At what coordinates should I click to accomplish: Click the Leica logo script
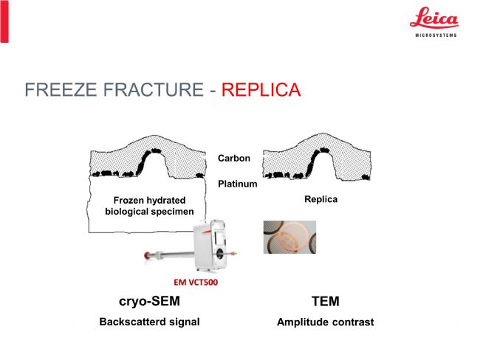pos(434,18)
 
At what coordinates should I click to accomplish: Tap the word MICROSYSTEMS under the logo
pos(436,35)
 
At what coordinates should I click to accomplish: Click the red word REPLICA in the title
pos(261,89)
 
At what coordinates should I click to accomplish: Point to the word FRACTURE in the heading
pos(154,89)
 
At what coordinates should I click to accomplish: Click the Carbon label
pos(234,158)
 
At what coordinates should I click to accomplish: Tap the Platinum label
pos(238,184)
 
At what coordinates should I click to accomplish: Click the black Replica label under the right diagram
pos(320,199)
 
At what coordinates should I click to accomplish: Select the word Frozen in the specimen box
pos(128,201)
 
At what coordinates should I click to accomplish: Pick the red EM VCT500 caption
pos(196,282)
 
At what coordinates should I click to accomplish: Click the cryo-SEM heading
pos(149,301)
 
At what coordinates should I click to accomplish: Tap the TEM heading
pos(326,301)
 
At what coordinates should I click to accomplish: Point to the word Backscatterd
pos(128,322)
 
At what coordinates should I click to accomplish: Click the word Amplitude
pos(303,322)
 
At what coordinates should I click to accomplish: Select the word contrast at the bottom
pos(353,322)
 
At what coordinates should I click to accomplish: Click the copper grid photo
pos(289,237)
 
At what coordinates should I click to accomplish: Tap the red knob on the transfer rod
pos(148,255)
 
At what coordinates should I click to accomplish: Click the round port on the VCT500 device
pos(219,253)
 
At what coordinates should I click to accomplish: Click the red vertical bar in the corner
pos(4,21)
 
